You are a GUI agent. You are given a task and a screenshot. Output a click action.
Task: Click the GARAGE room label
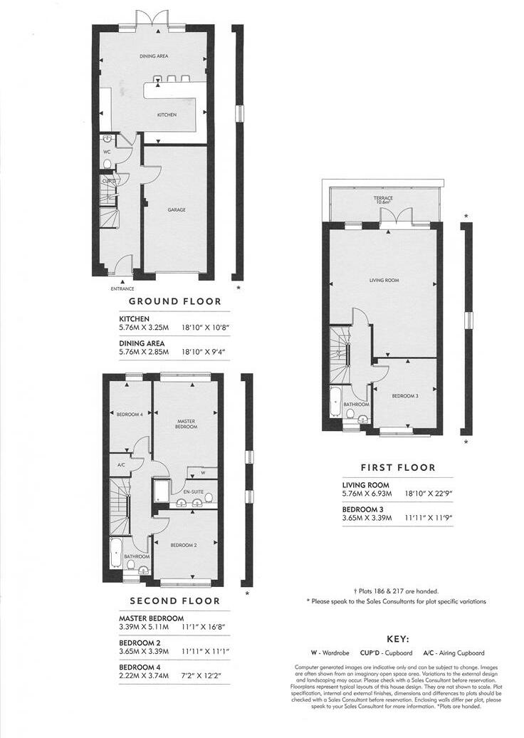[x=177, y=210]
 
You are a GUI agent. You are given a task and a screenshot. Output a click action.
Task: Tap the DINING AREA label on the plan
[x=153, y=56]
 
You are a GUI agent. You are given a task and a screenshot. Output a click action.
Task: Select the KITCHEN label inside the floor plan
[x=167, y=115]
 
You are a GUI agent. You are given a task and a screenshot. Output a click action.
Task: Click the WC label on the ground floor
[x=107, y=152]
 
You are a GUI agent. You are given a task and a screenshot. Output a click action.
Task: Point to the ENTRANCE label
[x=122, y=289]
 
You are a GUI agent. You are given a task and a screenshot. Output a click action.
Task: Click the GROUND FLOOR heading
[x=174, y=301]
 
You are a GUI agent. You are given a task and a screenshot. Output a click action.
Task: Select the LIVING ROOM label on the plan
[x=384, y=281]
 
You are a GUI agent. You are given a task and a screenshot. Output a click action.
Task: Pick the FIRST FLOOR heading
[x=398, y=468]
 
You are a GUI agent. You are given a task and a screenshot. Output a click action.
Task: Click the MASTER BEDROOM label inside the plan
[x=186, y=424]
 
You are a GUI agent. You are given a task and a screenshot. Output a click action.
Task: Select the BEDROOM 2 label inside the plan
[x=183, y=545]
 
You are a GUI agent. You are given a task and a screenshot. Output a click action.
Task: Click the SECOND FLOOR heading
[x=174, y=601]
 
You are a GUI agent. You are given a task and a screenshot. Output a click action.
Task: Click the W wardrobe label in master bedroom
[x=203, y=472]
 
